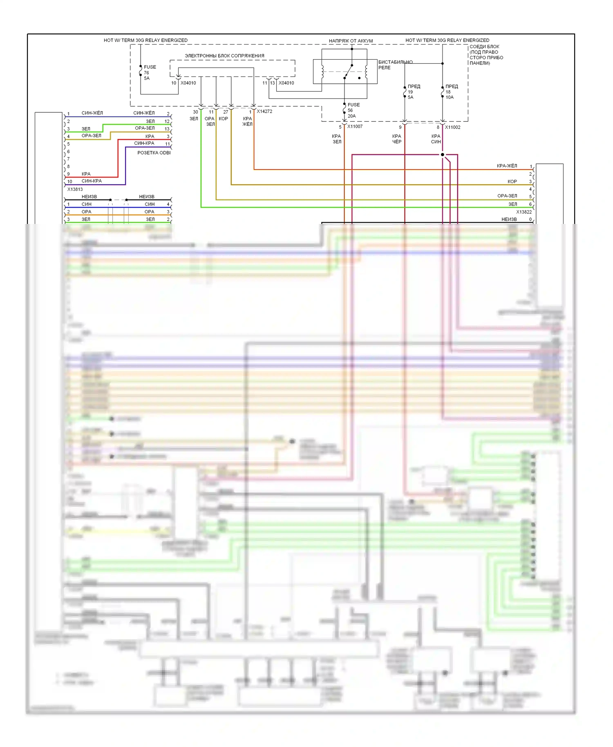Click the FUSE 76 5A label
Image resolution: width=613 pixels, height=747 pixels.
tap(149, 73)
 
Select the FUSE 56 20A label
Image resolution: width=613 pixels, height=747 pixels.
tap(353, 110)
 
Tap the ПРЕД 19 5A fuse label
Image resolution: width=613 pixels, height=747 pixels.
tap(413, 92)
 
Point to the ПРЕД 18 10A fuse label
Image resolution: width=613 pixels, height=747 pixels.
tap(451, 92)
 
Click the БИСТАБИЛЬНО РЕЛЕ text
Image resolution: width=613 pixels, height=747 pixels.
tap(395, 65)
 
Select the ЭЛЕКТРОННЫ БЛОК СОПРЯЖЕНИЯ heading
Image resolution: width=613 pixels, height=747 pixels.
tap(224, 56)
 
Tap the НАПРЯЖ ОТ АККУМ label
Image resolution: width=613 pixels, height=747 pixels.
tap(351, 41)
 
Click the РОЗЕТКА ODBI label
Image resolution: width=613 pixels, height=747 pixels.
tap(154, 153)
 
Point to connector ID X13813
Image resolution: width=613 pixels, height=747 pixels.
tap(75, 189)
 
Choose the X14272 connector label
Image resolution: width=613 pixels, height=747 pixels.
tap(264, 111)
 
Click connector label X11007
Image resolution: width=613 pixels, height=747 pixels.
tap(355, 127)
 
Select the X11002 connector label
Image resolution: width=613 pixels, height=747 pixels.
tap(452, 127)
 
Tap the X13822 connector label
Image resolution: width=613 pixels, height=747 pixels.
tap(524, 212)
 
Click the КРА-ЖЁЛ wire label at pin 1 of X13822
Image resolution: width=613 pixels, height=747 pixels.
tap(507, 166)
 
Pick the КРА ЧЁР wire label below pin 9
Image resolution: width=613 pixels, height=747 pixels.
tap(397, 139)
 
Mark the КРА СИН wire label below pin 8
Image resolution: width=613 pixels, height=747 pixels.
tap(436, 139)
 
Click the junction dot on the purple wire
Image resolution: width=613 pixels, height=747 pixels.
tap(442, 154)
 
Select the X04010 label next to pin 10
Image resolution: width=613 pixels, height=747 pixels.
tap(188, 83)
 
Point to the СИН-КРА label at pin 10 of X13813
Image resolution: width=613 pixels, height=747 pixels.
tap(92, 181)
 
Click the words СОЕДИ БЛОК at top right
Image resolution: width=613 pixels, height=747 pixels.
tap(484, 47)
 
